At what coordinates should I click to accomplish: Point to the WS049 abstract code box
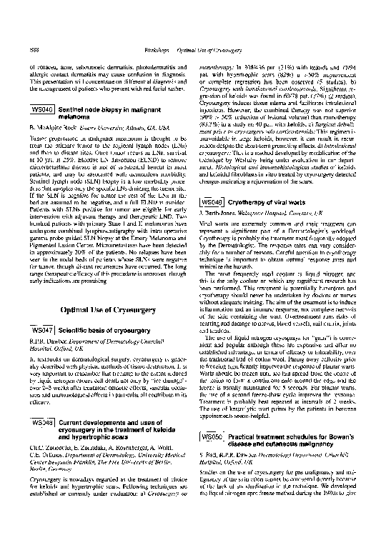209,203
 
